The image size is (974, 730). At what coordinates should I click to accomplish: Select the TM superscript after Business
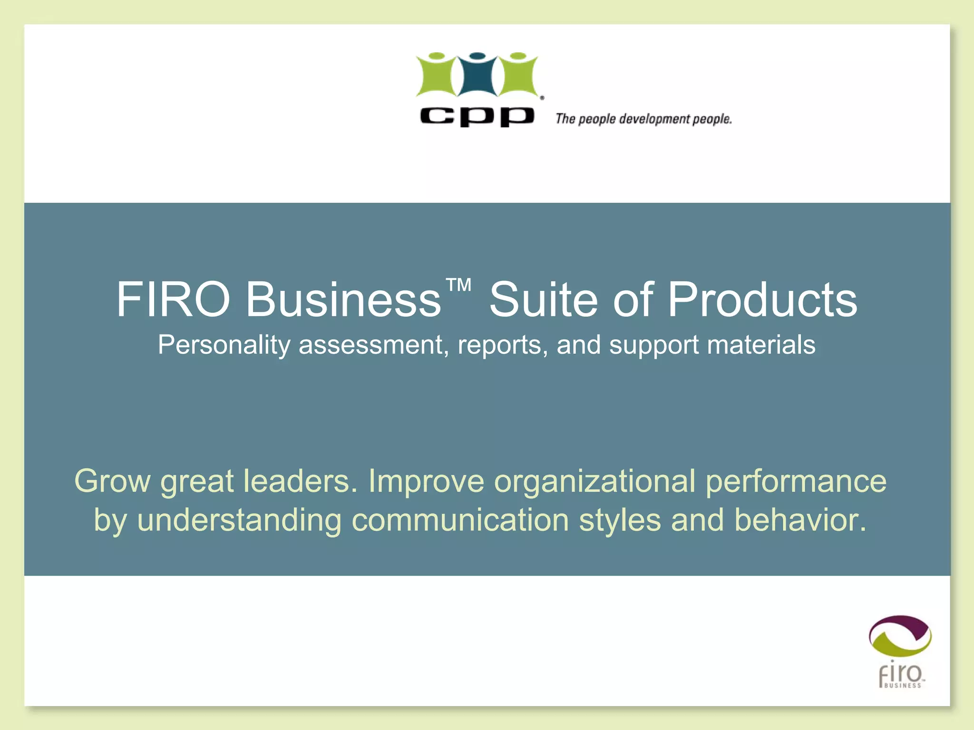click(458, 285)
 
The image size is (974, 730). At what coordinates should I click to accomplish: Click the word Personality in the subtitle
click(224, 345)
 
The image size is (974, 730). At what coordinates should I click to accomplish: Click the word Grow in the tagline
click(112, 481)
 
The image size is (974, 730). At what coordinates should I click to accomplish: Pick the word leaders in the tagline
click(300, 481)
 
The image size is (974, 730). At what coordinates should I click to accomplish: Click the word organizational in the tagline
click(595, 481)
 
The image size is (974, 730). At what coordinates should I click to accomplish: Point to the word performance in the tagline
click(796, 481)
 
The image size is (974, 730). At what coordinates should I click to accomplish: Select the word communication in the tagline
click(460, 520)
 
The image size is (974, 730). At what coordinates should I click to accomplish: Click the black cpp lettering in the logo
click(477, 116)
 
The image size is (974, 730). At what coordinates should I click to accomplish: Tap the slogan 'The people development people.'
click(643, 119)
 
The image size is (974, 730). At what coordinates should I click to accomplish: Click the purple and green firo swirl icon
click(900, 637)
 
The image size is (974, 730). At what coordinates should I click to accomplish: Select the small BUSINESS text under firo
click(902, 685)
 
